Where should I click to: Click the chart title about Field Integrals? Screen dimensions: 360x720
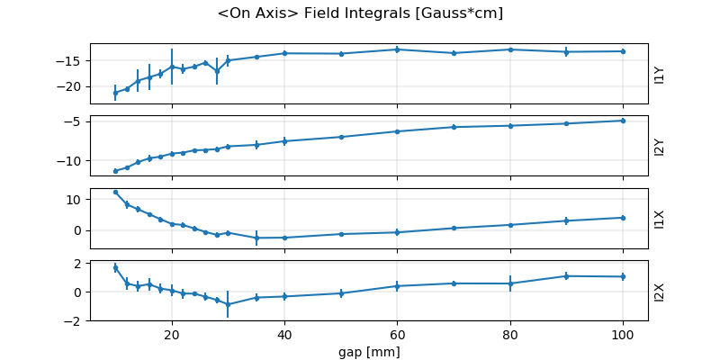360,13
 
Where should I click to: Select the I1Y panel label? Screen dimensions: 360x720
660,74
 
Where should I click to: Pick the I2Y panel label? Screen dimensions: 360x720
660,146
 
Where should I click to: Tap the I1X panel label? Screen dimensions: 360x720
660,218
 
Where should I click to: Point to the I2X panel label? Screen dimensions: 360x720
660,291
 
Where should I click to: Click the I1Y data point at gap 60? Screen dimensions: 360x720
397,49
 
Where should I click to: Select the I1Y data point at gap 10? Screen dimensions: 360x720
115,93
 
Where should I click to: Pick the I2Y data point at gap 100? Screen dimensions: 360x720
623,121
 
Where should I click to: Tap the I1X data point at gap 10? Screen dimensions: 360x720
115,192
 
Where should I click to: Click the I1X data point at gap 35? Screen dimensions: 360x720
256,238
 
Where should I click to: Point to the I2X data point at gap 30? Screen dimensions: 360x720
228,304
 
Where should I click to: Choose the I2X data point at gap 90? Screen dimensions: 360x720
566,276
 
